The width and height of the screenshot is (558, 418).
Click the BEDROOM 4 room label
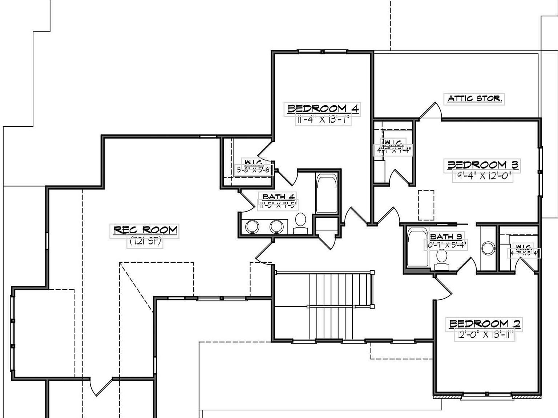[323, 108]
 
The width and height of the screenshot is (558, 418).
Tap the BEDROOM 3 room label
[483, 165]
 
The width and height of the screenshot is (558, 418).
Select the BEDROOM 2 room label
[485, 324]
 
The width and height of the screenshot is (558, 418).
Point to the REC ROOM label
[145, 230]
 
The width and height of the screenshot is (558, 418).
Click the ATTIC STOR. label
[474, 98]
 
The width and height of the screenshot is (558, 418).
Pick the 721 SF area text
[145, 241]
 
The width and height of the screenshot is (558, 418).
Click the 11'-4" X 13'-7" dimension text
[323, 120]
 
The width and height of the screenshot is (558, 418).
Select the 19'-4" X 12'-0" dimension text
[483, 176]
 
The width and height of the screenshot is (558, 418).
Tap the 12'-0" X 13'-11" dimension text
[485, 335]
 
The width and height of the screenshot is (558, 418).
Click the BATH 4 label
[278, 197]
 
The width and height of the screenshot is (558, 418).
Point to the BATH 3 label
[446, 237]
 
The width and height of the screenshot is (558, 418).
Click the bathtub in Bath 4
[327, 194]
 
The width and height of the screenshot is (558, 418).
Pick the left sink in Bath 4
[252, 227]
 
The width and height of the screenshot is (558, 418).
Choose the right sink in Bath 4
[276, 227]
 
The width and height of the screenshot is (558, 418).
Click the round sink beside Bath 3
[488, 249]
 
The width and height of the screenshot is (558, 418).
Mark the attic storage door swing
[431, 111]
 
